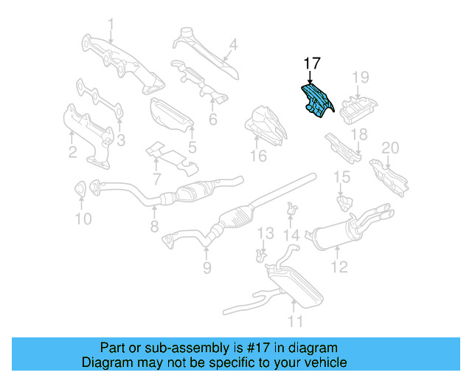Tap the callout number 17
tap(310, 63)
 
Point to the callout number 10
tap(83, 219)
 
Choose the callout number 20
tap(389, 148)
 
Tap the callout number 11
tap(295, 321)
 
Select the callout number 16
tap(257, 156)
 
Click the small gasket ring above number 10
tap(79, 190)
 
